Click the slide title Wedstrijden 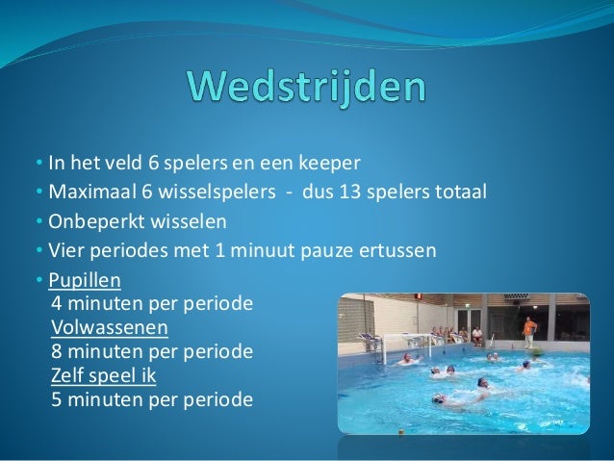[307, 90]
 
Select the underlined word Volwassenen [110, 327]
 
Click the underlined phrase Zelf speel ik [103, 374]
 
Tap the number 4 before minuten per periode [56, 304]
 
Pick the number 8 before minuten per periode [56, 351]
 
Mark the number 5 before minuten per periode [56, 397]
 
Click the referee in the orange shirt [528, 330]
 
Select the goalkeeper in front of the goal [406, 359]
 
